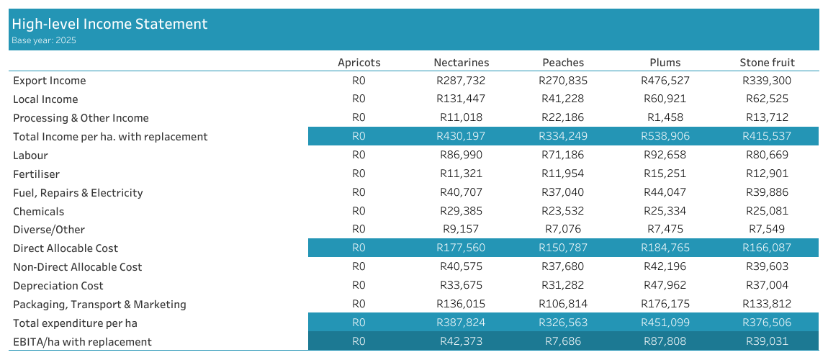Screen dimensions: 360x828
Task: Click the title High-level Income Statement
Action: point(109,24)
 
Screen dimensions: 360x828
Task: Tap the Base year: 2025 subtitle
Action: point(43,41)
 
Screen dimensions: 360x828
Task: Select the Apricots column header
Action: point(359,63)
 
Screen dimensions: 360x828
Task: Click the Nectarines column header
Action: point(461,63)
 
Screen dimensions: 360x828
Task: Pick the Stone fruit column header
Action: point(767,63)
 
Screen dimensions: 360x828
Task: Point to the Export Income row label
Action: point(50,81)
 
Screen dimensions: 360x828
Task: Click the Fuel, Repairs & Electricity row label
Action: point(78,193)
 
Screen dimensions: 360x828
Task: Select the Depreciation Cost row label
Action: point(58,286)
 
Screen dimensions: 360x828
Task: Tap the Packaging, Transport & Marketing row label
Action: point(99,305)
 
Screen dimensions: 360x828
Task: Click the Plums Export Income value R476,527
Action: point(665,81)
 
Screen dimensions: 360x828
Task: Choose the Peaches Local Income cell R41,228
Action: point(563,99)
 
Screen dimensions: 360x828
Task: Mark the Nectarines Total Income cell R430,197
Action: point(461,137)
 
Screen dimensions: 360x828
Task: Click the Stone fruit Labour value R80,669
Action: point(767,156)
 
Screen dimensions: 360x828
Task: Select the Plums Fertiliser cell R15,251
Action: point(665,174)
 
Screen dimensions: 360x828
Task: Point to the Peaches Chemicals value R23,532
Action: point(563,212)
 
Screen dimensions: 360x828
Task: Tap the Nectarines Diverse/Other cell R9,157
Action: point(461,230)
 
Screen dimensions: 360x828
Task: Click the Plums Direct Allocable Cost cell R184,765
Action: point(665,248)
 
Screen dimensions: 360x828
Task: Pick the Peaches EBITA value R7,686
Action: point(563,342)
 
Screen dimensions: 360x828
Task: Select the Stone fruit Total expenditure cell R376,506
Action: point(767,323)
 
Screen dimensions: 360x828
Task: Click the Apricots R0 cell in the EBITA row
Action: point(359,342)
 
